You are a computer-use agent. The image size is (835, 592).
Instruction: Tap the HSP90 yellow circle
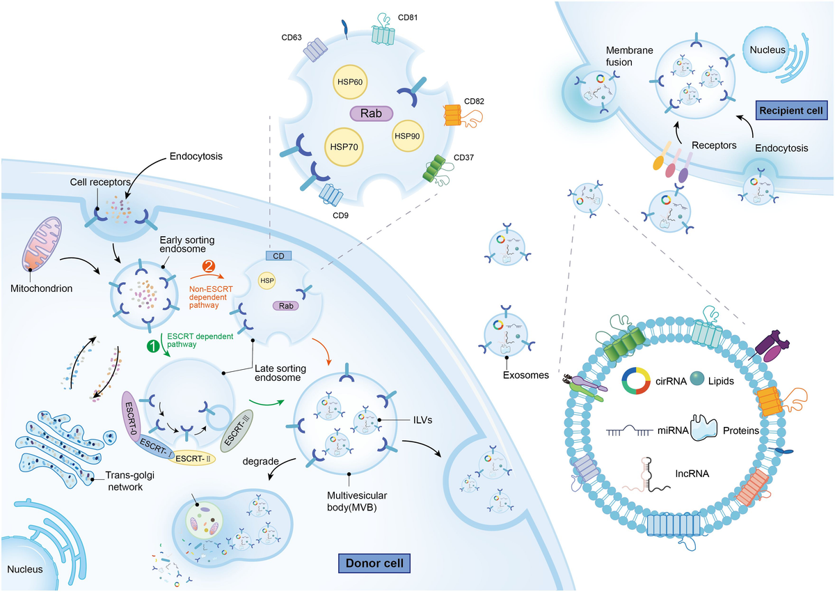coord(407,135)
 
